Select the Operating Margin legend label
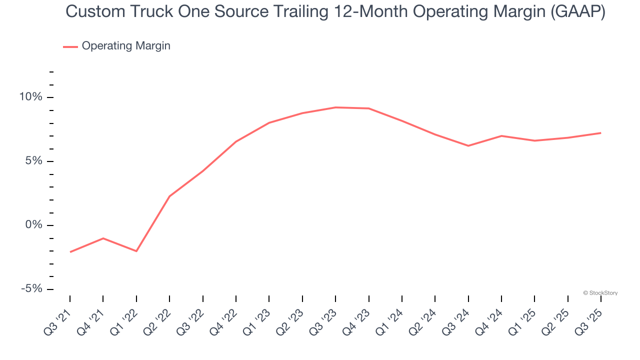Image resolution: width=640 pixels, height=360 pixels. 126,46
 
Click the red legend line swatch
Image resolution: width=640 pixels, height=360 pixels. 70,46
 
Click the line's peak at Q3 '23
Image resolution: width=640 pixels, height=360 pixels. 335,107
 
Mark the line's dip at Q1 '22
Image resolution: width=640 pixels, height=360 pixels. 136,251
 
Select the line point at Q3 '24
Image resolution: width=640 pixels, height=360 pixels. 468,145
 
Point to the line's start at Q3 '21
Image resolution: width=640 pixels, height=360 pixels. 70,251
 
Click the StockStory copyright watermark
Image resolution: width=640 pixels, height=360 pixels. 600,293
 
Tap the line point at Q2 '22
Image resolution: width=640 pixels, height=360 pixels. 169,196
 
